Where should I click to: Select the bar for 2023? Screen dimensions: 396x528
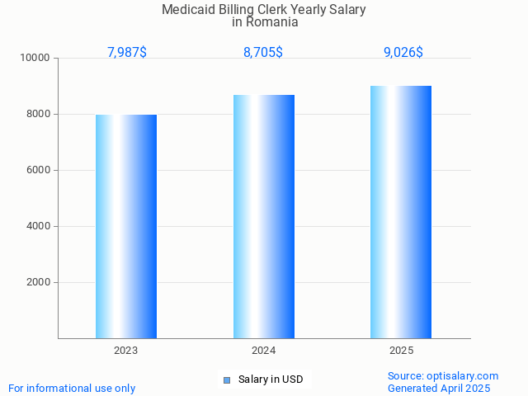(126, 226)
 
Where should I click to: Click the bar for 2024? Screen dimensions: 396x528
(264, 216)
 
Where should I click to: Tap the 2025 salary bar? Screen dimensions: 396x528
(401, 212)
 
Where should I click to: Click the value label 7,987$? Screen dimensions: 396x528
(127, 53)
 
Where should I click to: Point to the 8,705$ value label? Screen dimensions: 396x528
(263, 53)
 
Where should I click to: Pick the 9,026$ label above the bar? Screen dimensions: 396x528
(403, 53)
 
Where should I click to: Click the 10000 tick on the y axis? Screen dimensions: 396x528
(36, 59)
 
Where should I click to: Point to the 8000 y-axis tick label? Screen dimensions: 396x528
(39, 115)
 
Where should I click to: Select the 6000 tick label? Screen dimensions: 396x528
(39, 171)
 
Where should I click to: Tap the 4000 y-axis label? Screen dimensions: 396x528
(39, 227)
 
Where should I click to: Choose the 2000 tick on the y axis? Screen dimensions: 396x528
(39, 283)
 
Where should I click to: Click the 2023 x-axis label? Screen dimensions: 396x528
(126, 351)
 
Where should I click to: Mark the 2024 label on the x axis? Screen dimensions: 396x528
(264, 351)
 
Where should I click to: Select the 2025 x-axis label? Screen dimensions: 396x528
(402, 351)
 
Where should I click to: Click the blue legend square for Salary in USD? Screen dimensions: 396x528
(227, 380)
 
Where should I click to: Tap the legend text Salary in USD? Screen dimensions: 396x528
(271, 380)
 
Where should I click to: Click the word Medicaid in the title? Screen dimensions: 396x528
(188, 10)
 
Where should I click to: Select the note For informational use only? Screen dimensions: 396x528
(72, 389)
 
